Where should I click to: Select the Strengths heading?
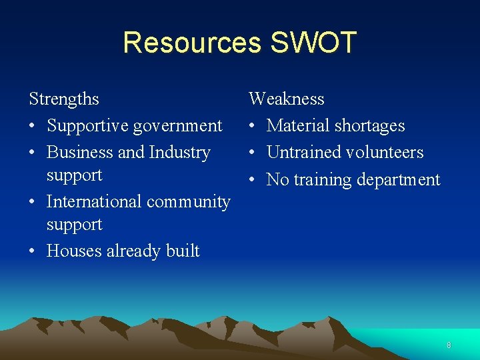(x=64, y=99)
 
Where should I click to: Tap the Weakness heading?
(x=287, y=99)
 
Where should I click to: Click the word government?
(x=179, y=126)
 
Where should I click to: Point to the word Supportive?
(x=88, y=126)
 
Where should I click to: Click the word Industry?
(x=179, y=153)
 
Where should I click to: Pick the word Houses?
(x=74, y=251)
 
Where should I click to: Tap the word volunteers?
(x=385, y=153)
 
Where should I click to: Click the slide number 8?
(x=449, y=345)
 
